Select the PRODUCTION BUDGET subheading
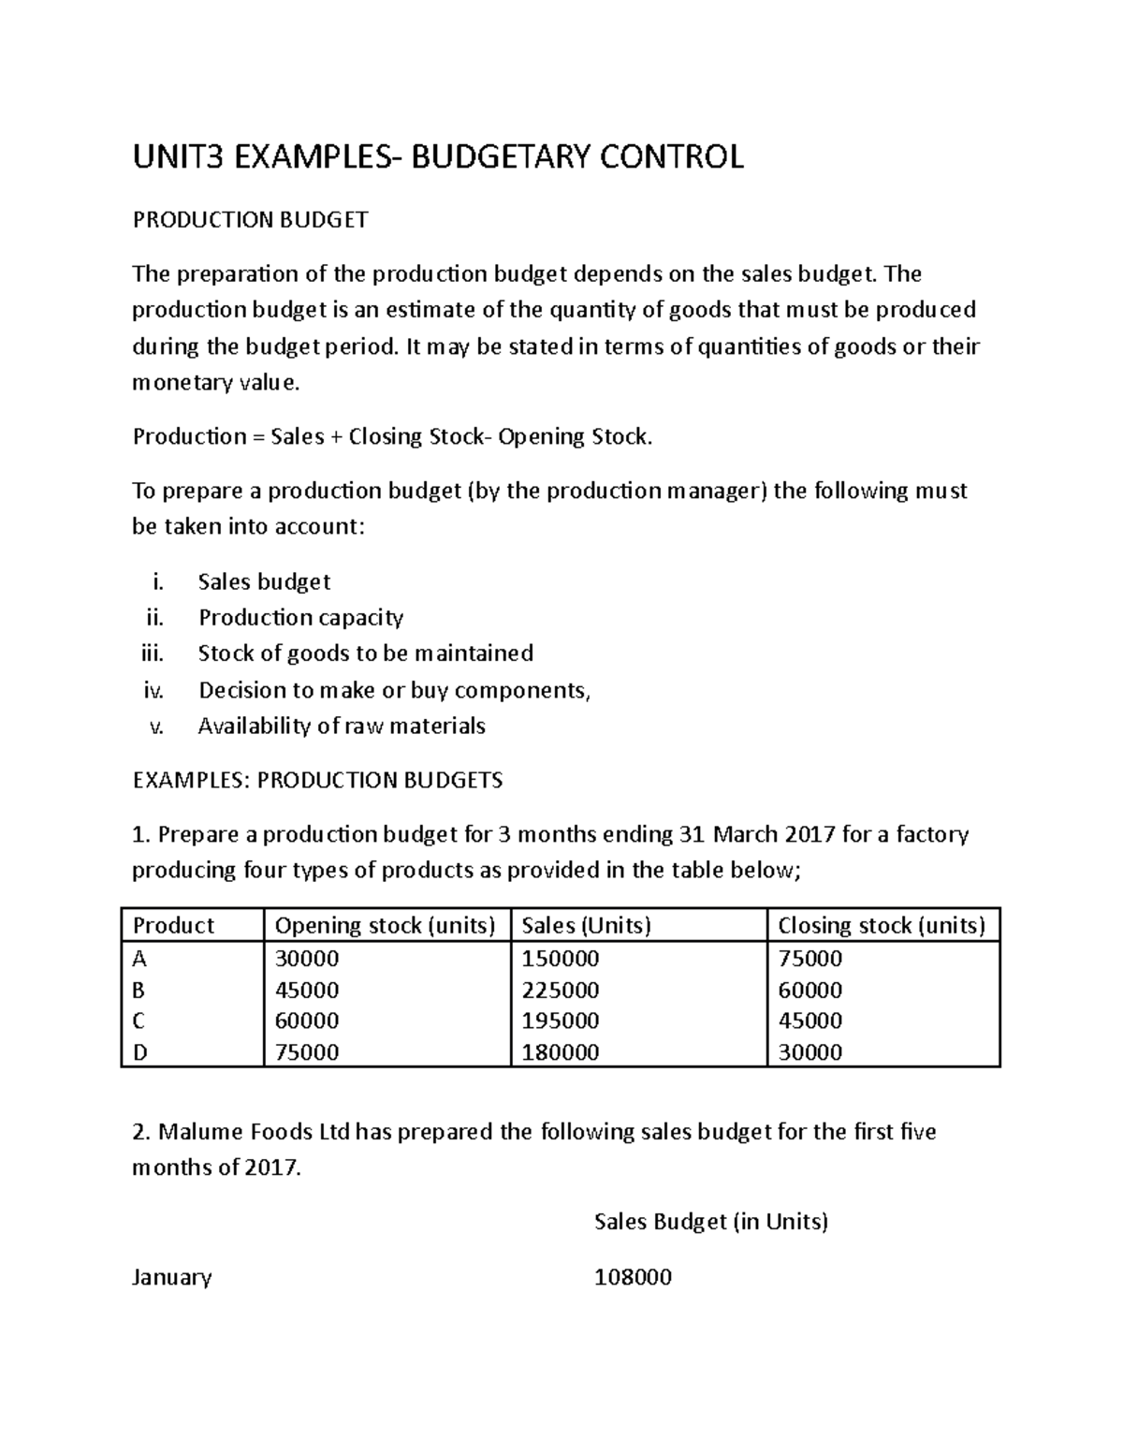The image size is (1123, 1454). [250, 220]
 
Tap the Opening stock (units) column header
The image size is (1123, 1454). [384, 925]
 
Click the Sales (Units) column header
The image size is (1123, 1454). [585, 925]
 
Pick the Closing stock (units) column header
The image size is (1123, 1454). [882, 925]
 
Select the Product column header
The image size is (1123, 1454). [174, 925]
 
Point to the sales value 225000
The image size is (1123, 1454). [560, 990]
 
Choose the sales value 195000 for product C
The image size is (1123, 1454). [560, 1021]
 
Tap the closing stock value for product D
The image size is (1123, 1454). [809, 1052]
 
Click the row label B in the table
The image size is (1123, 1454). [140, 990]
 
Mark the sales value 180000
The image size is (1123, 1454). [560, 1052]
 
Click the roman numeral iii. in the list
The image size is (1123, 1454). [151, 654]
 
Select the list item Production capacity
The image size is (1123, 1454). [300, 618]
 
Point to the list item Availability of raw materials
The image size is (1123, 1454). [342, 727]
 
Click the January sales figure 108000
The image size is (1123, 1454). [633, 1277]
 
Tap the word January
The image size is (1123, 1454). [172, 1277]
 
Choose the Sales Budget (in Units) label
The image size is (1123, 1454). [711, 1222]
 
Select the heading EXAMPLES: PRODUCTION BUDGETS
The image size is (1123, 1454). [317, 780]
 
